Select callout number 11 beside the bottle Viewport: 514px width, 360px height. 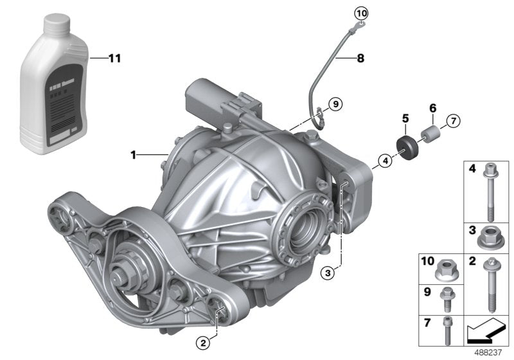[x=113, y=59]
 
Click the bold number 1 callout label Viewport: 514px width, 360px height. [x=133, y=154]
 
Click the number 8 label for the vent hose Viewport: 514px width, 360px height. [x=360, y=59]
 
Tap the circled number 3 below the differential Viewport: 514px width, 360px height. [x=328, y=274]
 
